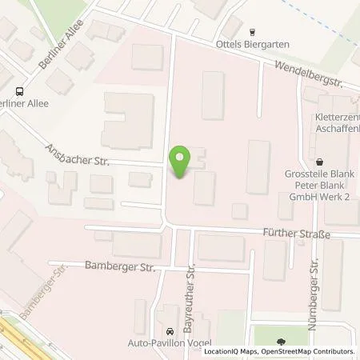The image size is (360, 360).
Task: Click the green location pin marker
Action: (182, 162)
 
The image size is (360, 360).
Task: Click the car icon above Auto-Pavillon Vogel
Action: (169, 331)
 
